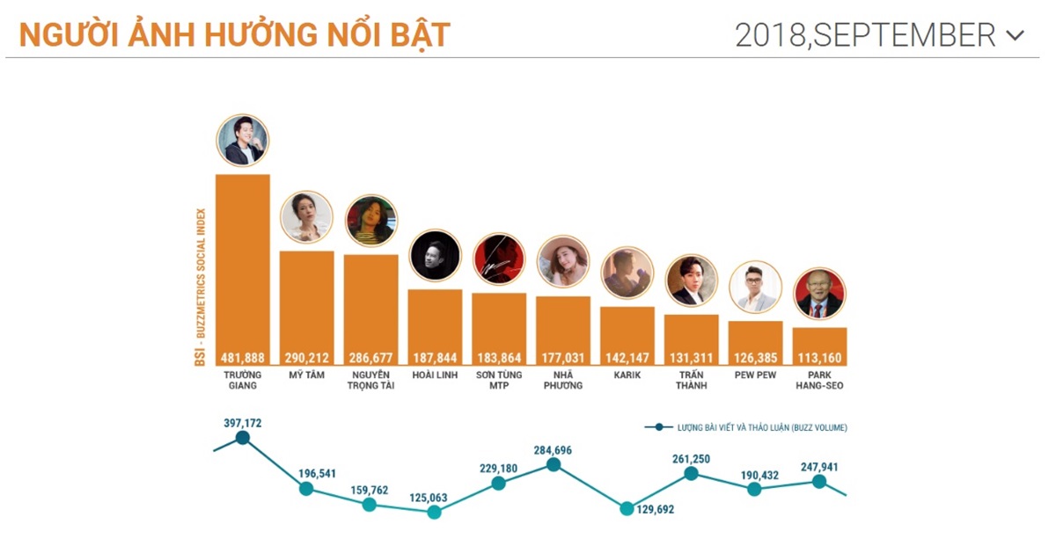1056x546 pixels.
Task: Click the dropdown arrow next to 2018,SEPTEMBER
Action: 1015,36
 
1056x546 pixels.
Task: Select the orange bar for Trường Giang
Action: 242,264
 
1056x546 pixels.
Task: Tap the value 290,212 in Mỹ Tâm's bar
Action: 306,357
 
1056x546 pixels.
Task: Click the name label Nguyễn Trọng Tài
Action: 370,380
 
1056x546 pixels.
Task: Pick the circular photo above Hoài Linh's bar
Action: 435,255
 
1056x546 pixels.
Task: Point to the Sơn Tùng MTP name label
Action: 499,380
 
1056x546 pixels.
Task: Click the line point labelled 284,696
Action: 554,464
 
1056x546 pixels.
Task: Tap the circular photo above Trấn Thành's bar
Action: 692,280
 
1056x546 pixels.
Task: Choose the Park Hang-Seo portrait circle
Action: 819,294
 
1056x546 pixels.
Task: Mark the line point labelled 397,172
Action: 243,437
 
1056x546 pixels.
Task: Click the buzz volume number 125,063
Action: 429,498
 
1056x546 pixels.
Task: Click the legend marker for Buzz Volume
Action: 658,427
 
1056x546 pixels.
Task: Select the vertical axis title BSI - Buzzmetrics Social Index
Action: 201,287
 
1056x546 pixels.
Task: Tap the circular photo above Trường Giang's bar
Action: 242,140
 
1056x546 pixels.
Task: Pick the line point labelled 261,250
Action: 691,473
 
